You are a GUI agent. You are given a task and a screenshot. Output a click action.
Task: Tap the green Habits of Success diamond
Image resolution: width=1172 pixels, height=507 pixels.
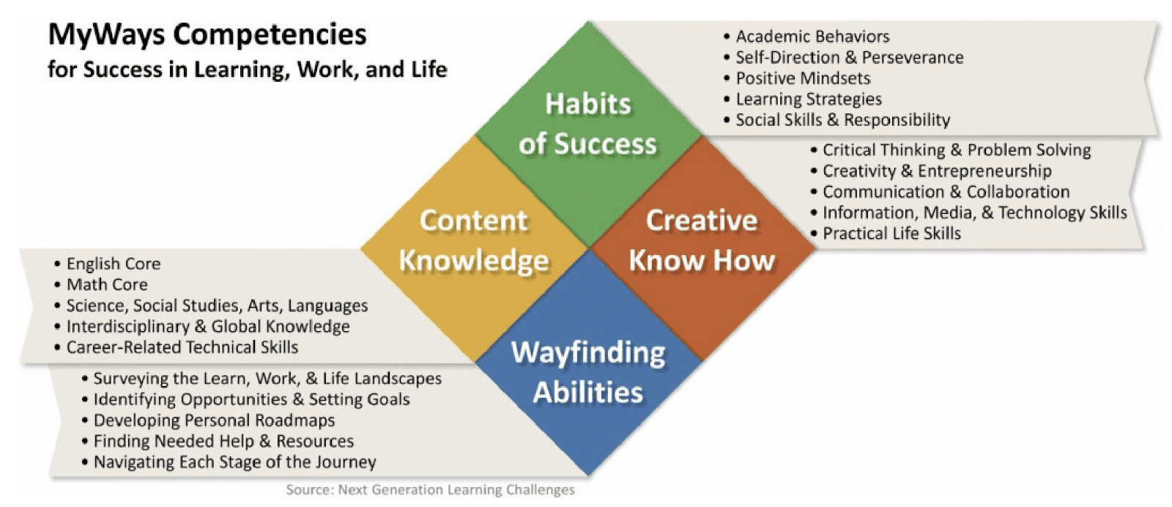pos(588,134)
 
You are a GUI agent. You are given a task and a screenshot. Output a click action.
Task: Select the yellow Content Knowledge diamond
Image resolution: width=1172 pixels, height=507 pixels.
pos(475,248)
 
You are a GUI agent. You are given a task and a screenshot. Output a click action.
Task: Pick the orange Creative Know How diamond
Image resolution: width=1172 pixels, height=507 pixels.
pos(702,248)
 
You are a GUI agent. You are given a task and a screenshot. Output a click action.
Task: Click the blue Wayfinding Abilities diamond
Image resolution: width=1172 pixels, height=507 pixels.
pos(588,362)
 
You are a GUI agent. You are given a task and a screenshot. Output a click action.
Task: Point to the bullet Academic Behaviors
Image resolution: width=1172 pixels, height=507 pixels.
pos(806,37)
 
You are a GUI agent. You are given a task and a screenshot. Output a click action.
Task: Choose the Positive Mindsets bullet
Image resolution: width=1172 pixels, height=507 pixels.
pos(797,78)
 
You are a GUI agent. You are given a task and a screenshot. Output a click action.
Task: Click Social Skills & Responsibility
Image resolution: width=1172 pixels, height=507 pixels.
pos(837,120)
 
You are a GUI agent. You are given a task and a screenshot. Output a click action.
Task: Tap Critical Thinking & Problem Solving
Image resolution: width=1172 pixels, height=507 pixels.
pos(951,150)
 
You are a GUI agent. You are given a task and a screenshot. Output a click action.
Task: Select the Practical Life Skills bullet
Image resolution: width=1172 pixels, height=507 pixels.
pos(886,234)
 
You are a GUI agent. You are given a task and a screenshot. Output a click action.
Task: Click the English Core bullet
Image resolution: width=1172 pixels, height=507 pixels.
pos(107,264)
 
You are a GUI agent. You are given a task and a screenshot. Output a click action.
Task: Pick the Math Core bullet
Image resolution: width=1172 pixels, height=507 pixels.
pos(101,284)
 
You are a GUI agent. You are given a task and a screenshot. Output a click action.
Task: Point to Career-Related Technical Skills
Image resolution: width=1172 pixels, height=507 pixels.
pos(177,347)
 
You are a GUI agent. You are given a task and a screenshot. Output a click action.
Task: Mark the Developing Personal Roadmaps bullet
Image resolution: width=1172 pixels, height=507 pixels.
pos(208,421)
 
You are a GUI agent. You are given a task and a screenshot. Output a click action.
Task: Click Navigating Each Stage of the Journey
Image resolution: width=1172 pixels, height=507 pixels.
pos(229,462)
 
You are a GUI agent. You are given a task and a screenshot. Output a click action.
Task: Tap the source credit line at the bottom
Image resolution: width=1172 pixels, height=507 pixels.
pos(430,490)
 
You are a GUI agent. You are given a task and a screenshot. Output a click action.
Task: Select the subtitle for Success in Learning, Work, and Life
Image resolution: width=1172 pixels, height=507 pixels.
pos(248,70)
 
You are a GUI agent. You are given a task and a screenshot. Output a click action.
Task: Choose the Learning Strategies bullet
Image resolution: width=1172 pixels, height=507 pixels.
pos(803,100)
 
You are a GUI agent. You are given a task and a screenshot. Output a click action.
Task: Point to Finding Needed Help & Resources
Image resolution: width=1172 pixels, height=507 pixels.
pos(218,442)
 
